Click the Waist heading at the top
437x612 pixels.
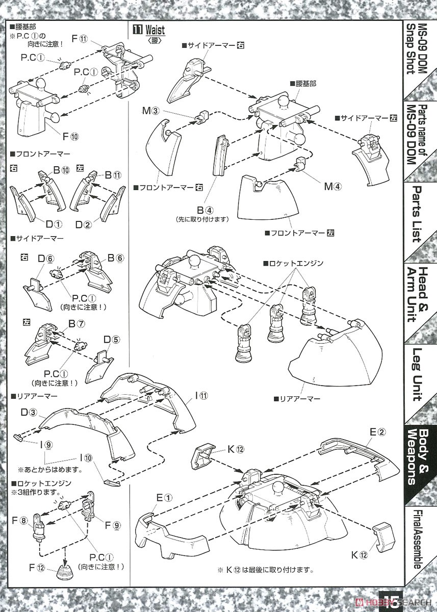(155, 30)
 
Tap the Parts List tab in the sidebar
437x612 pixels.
(417, 214)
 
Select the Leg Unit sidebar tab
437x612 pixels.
(417, 374)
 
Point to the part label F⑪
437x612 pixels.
(80, 38)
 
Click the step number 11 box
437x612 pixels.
(137, 30)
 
